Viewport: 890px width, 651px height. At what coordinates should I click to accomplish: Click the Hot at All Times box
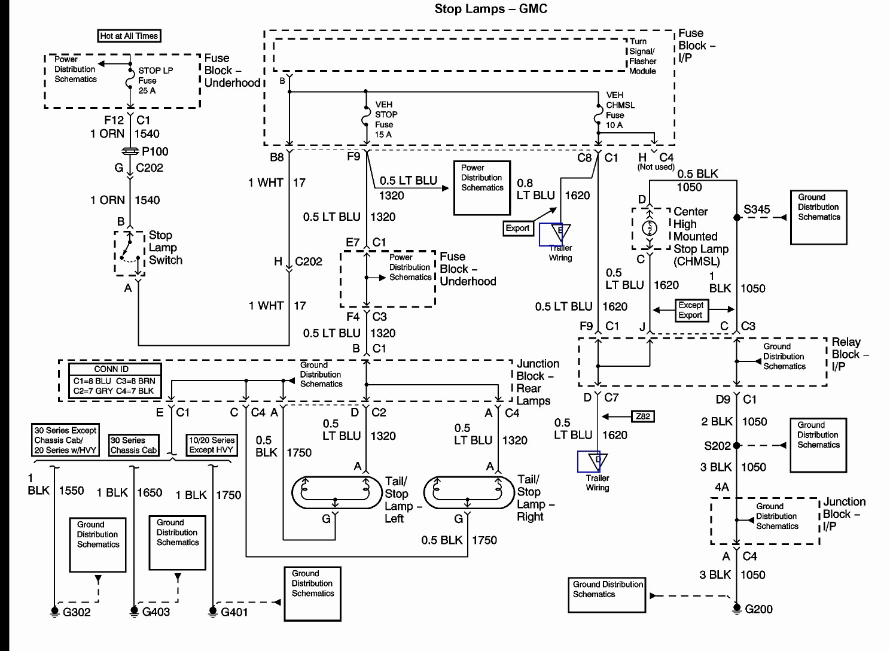pyautogui.click(x=129, y=36)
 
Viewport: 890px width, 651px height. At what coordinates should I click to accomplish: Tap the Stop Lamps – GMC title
pyautogui.click(x=490, y=9)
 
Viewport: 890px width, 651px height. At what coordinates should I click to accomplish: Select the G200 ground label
pyautogui.click(x=758, y=609)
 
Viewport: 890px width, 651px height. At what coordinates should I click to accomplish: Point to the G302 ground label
pyautogui.click(x=77, y=612)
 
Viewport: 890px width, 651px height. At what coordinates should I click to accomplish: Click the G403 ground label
pyautogui.click(x=156, y=612)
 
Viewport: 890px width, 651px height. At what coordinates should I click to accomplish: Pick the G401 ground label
pyautogui.click(x=234, y=612)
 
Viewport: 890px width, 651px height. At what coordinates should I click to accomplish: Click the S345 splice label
pyautogui.click(x=757, y=209)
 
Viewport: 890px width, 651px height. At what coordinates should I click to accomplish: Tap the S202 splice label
pyautogui.click(x=717, y=446)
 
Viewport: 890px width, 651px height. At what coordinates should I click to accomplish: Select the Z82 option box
pyautogui.click(x=643, y=416)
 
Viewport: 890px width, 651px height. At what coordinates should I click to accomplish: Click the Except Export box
pyautogui.click(x=691, y=310)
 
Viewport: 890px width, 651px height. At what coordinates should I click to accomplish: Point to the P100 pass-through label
pyautogui.click(x=155, y=151)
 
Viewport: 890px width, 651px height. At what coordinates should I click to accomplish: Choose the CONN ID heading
pyautogui.click(x=111, y=369)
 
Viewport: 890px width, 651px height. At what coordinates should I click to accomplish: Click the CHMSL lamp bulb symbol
pyautogui.click(x=649, y=228)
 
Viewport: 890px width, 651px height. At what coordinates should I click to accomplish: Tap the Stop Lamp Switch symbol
pyautogui.click(x=130, y=254)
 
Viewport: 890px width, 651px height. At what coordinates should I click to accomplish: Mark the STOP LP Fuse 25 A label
pyautogui.click(x=156, y=81)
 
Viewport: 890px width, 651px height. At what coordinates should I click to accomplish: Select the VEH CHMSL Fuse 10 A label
pyautogui.click(x=620, y=110)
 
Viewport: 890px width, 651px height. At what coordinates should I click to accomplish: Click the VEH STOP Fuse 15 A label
pyautogui.click(x=386, y=120)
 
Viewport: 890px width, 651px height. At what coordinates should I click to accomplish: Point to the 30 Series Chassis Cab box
pyautogui.click(x=134, y=445)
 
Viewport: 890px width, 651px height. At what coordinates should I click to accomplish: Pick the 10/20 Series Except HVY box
pyautogui.click(x=212, y=445)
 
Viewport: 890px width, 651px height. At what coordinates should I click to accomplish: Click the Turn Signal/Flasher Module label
pyautogui.click(x=642, y=56)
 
